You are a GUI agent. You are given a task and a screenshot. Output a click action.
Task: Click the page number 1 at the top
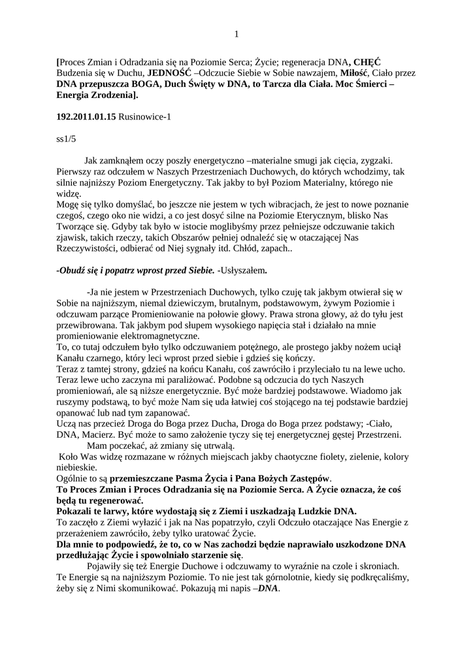coord(236,35)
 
